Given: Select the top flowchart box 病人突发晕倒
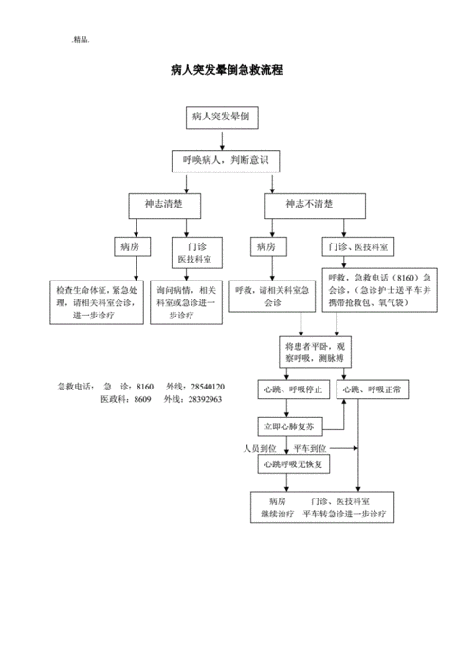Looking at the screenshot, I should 221,118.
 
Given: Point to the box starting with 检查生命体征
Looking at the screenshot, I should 98,302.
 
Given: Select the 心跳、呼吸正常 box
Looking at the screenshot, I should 374,389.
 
